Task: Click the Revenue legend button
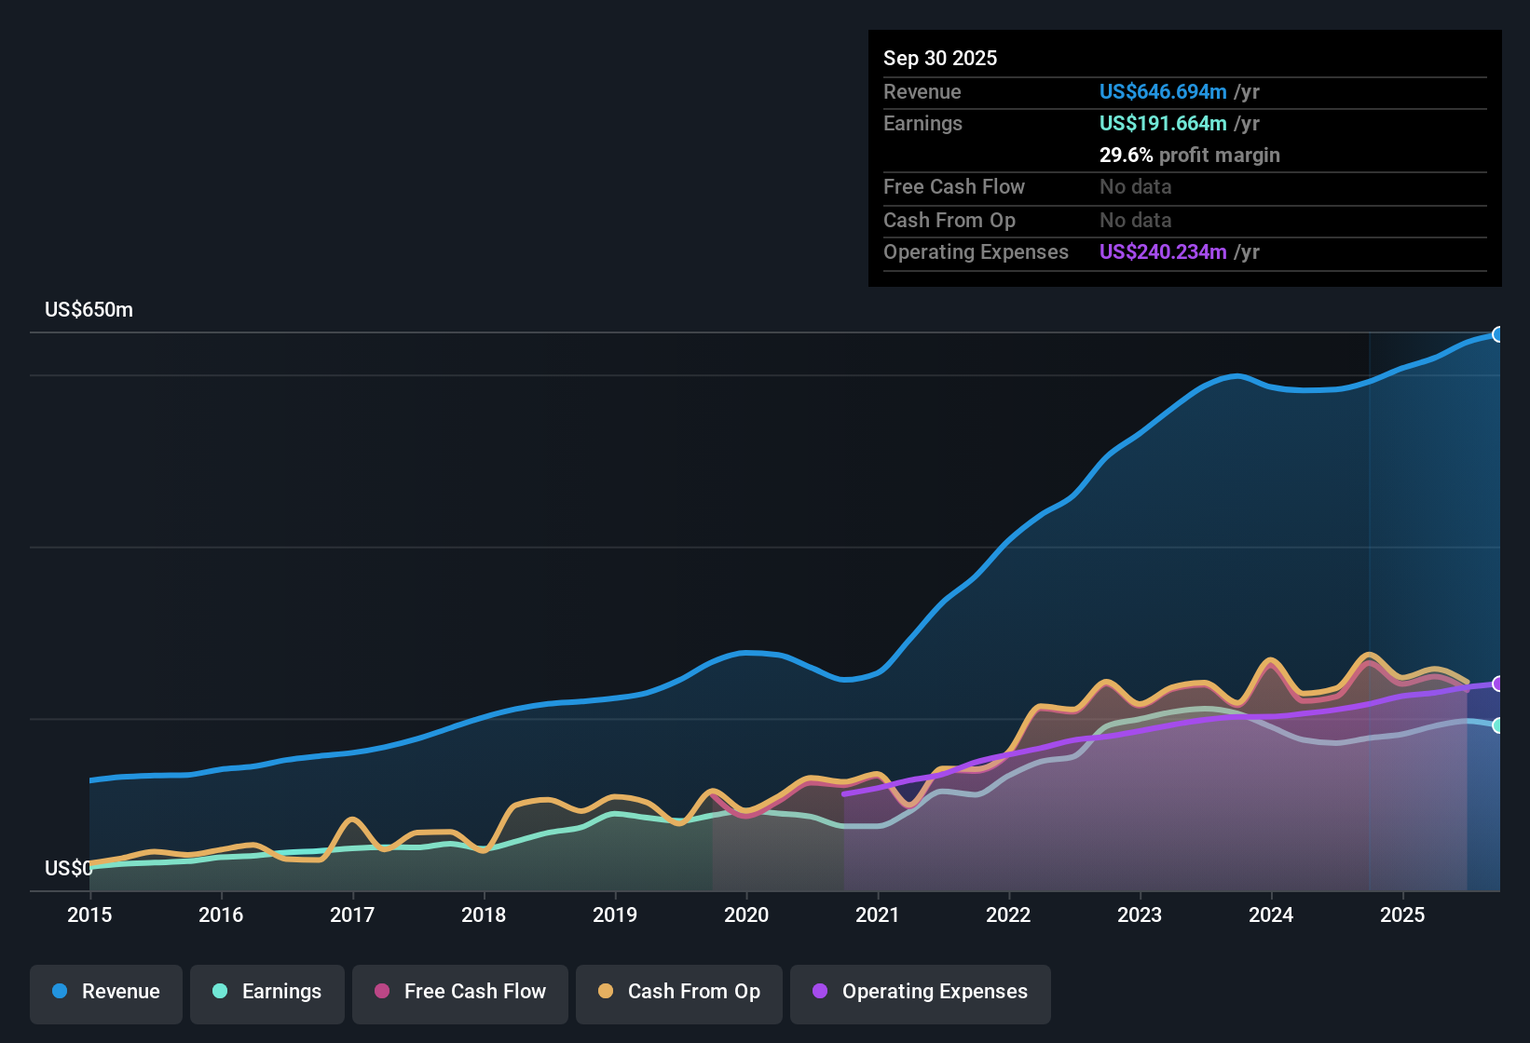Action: click(106, 992)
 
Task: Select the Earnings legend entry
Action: click(267, 992)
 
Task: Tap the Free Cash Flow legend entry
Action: click(460, 992)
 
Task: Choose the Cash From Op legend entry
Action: click(679, 992)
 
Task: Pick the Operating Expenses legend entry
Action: click(921, 992)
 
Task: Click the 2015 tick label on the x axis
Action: click(89, 914)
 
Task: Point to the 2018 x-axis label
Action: click(484, 914)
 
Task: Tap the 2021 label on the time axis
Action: click(877, 914)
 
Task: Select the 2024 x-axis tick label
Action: click(1271, 914)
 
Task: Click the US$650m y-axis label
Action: click(89, 310)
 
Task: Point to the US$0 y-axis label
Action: click(68, 869)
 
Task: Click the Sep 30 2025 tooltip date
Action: click(940, 59)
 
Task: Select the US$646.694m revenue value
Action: click(1163, 92)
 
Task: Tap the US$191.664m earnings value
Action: click(1163, 124)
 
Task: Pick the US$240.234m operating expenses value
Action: click(1163, 252)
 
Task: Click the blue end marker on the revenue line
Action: click(1497, 334)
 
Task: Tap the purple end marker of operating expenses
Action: click(1497, 684)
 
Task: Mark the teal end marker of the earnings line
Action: click(1497, 725)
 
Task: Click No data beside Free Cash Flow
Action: click(1135, 187)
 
